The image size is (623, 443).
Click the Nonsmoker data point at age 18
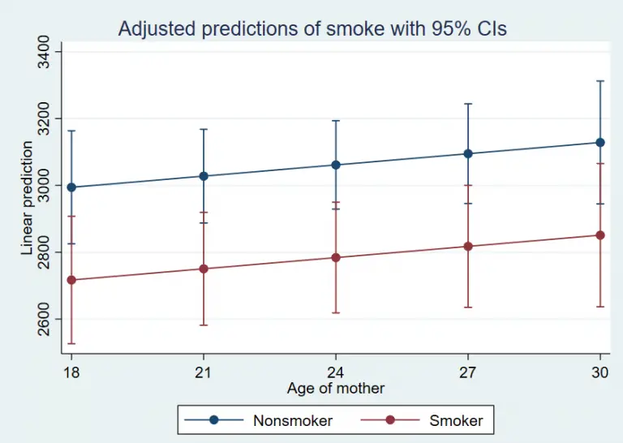coord(71,187)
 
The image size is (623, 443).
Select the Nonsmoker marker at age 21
coord(204,176)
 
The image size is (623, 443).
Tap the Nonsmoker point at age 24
coord(336,165)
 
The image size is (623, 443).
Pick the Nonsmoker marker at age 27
coord(468,153)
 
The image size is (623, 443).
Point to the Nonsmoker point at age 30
coord(600,143)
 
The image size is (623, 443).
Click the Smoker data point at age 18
coord(71,280)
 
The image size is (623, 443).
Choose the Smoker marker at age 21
coord(204,269)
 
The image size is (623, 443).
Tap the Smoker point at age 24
coord(336,258)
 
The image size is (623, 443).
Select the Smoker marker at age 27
coord(468,247)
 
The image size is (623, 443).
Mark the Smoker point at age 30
coord(600,235)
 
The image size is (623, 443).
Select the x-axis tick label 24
coord(336,372)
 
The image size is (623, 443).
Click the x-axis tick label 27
coord(468,372)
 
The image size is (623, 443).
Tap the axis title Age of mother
coord(335,389)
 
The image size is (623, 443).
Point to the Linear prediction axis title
coord(28,199)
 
